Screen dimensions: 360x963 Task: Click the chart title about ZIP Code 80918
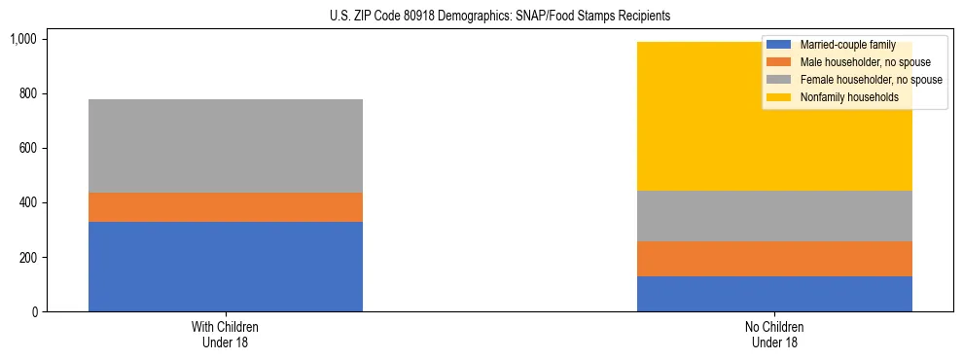pos(482,17)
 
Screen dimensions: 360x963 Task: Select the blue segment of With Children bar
pos(225,267)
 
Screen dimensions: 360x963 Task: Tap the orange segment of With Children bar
pos(225,207)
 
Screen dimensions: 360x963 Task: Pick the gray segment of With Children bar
pos(225,146)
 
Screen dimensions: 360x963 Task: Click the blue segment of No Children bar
pos(774,294)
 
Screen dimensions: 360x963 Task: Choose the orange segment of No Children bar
pos(774,259)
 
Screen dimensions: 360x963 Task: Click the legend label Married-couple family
pos(841,45)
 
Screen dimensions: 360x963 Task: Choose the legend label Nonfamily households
pos(841,97)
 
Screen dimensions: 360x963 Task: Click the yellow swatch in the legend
pos(779,97)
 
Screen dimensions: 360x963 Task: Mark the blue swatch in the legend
pos(779,45)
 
